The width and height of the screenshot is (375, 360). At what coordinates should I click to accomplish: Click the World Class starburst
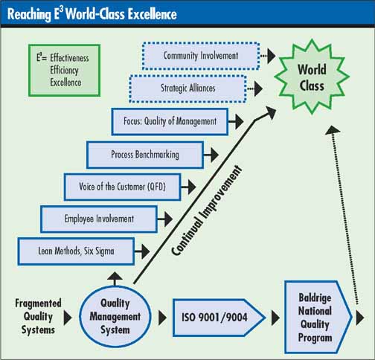click(312, 77)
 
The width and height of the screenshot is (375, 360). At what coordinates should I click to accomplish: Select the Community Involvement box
click(201, 56)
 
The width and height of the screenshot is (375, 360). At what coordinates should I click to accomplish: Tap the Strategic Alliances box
click(187, 89)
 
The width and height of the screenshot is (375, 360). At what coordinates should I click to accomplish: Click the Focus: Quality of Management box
click(170, 121)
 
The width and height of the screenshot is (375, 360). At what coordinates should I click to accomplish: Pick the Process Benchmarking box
click(145, 155)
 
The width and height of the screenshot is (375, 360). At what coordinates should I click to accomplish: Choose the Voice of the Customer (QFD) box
click(123, 187)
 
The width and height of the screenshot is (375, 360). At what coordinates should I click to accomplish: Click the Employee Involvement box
click(99, 219)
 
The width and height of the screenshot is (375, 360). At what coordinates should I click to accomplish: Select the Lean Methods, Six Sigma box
click(76, 251)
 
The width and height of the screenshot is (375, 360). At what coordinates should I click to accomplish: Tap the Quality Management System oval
click(115, 316)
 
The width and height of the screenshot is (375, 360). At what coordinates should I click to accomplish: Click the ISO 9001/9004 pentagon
click(218, 318)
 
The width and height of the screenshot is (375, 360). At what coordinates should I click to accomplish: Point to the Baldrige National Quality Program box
click(318, 317)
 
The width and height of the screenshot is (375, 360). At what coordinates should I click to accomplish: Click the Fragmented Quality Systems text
click(38, 317)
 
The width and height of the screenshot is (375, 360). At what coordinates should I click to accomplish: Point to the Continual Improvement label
click(206, 210)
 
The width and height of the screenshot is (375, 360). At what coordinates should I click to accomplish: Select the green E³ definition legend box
click(64, 70)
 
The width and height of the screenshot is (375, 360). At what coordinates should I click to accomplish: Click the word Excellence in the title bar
click(153, 14)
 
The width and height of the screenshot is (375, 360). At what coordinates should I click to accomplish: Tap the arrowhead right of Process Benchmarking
click(214, 155)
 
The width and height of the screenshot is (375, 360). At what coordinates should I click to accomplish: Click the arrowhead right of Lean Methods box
click(146, 251)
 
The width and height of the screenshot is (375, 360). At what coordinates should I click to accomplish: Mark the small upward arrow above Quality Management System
click(115, 278)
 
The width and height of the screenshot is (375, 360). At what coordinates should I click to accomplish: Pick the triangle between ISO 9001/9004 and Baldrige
click(275, 318)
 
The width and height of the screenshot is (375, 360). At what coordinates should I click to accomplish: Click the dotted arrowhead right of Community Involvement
click(272, 56)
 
